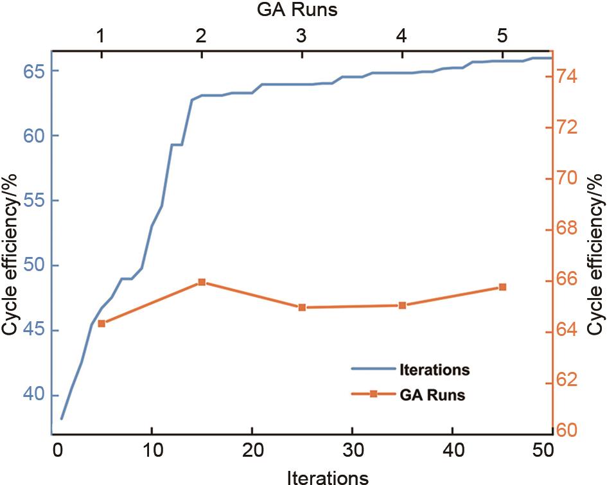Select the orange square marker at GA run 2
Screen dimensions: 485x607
[202, 282]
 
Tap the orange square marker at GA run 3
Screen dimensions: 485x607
[302, 308]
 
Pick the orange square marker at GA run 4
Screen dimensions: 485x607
[402, 305]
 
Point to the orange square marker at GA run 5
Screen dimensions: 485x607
[502, 287]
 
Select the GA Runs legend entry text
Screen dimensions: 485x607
[432, 396]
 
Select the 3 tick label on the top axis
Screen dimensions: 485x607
[302, 36]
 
